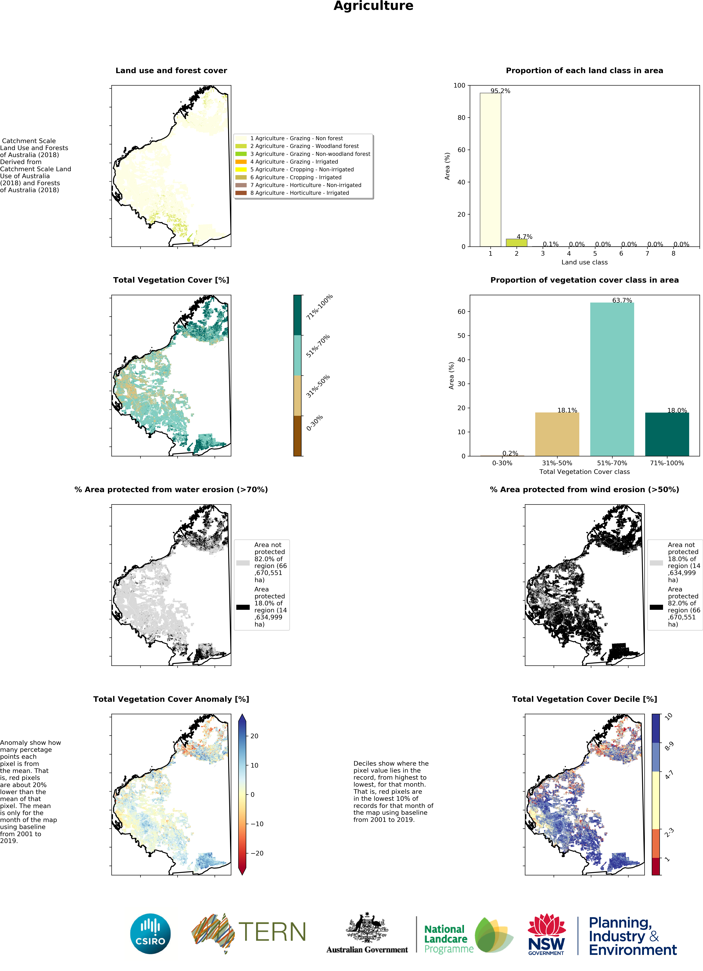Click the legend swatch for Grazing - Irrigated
coord(241,162)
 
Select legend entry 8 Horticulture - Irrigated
coord(300,193)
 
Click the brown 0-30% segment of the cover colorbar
coord(297,436)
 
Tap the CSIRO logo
coord(150,934)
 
